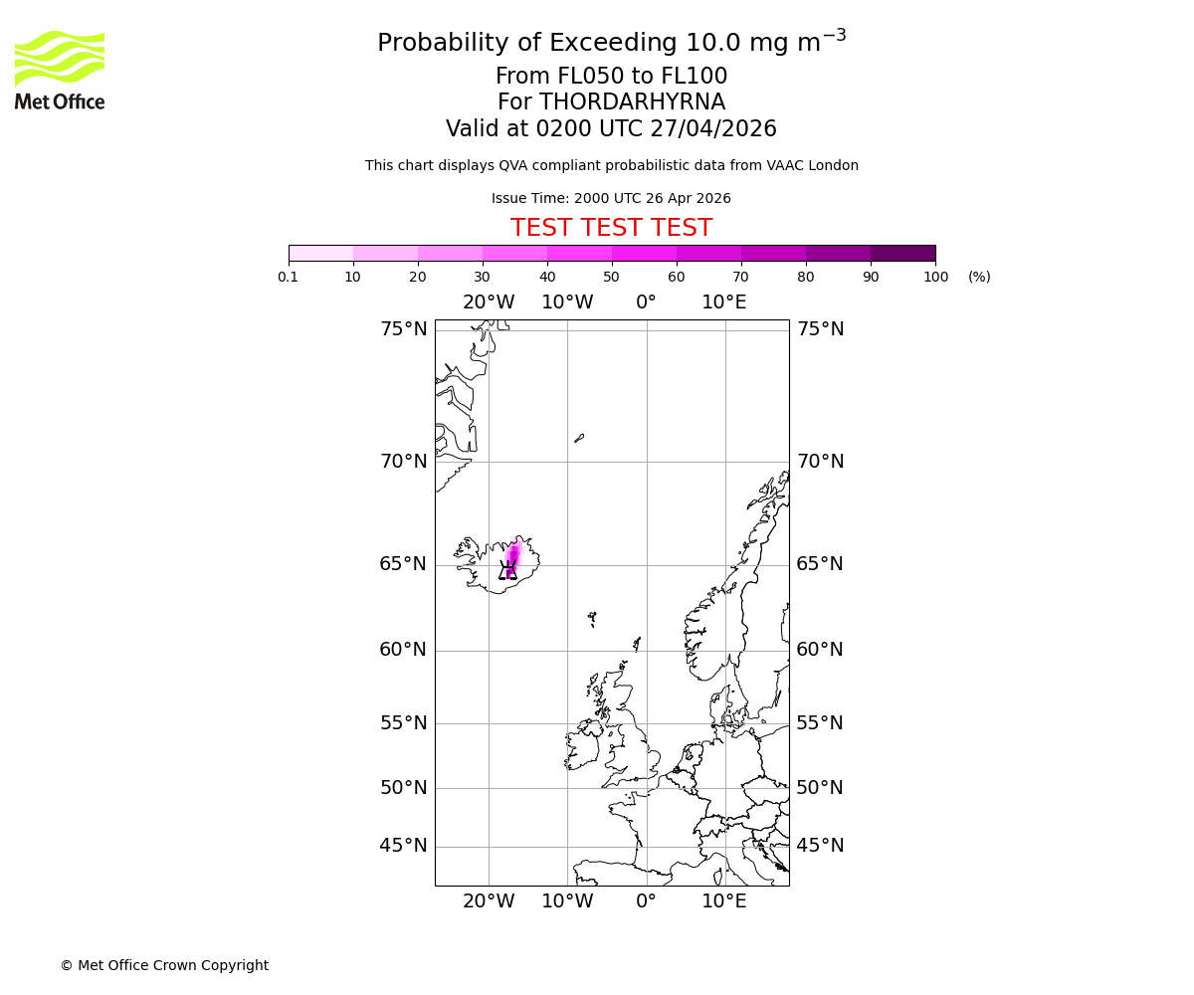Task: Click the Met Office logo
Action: click(60, 70)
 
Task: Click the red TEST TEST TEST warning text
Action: click(611, 228)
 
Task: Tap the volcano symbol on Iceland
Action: click(508, 570)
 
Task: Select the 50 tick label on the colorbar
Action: click(611, 278)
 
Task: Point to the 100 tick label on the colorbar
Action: click(935, 278)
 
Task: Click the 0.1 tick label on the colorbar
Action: click(289, 278)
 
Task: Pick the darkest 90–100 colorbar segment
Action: click(902, 253)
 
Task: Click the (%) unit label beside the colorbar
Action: click(979, 278)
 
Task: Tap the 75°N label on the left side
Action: click(403, 329)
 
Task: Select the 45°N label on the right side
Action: click(820, 846)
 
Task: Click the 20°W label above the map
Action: click(489, 302)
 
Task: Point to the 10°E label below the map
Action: click(724, 901)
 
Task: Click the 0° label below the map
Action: click(646, 901)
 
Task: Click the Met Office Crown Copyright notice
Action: click(164, 965)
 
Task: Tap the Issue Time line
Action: click(611, 199)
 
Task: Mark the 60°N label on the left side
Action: click(403, 650)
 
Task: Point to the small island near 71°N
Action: click(579, 437)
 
